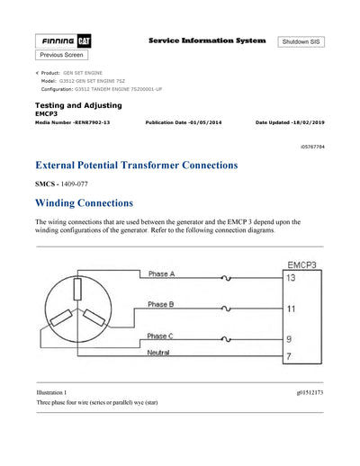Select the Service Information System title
tap(206, 40)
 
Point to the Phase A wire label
tap(162, 273)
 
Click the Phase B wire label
tap(162, 305)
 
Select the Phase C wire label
tap(162, 336)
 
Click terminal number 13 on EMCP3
tap(291, 278)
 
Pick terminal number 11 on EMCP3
tap(291, 309)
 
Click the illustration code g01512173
tap(310, 393)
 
